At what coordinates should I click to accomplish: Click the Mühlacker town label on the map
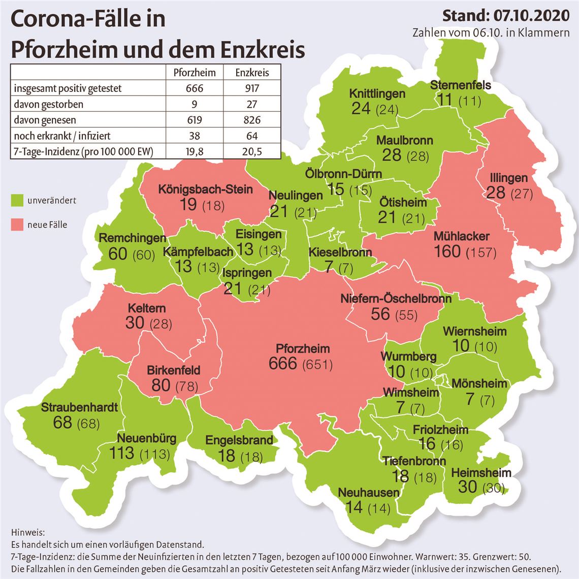point(461,236)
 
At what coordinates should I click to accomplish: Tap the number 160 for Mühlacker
point(447,251)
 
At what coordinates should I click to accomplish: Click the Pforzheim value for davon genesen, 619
point(194,120)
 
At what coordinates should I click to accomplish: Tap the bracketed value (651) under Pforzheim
point(317,365)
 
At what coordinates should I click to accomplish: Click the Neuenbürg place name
point(147,438)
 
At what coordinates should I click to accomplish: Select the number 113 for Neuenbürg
point(122,453)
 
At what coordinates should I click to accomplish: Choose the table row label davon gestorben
point(48,104)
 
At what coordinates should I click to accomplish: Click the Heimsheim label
point(480,473)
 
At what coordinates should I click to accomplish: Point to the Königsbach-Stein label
point(205,189)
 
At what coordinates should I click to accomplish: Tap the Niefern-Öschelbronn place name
point(396,299)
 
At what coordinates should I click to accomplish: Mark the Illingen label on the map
point(509,178)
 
